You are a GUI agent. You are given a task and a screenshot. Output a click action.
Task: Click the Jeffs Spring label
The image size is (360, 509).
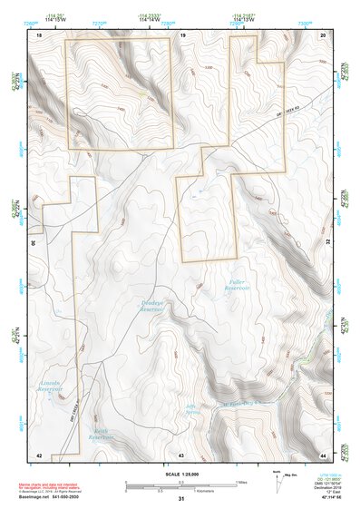point(191,409)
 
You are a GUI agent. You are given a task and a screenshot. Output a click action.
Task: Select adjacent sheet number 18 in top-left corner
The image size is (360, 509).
point(39,34)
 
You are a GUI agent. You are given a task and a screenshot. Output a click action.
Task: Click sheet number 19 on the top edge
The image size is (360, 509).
point(183,34)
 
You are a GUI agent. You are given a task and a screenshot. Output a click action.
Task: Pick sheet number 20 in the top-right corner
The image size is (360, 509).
point(324,34)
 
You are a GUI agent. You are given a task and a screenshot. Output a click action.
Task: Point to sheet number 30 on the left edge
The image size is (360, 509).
point(34,243)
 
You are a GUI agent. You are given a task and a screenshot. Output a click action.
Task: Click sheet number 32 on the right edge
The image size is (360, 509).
point(328,243)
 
